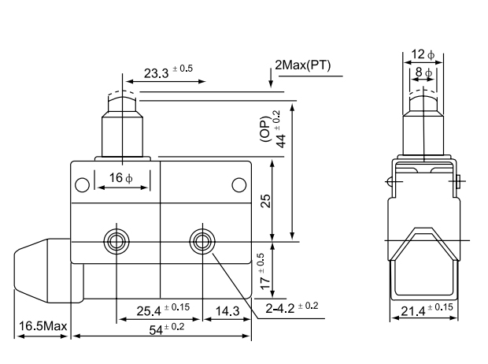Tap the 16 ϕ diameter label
pos(121,177)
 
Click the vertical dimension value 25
pos(265,200)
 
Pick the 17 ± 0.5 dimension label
pos(265,269)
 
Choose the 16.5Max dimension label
pos(41,326)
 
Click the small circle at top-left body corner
pos(82,186)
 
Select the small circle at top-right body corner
pos(239,185)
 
